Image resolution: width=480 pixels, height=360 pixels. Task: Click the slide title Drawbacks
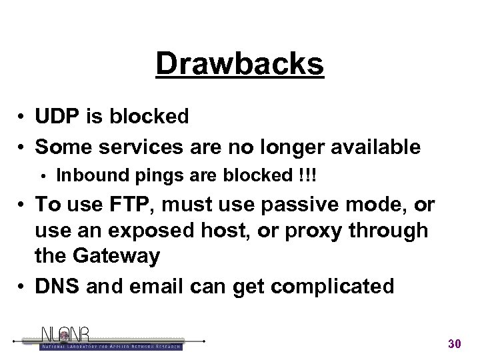pos(240,64)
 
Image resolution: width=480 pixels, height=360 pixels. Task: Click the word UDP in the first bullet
pos(55,116)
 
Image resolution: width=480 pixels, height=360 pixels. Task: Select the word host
pos(217,229)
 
